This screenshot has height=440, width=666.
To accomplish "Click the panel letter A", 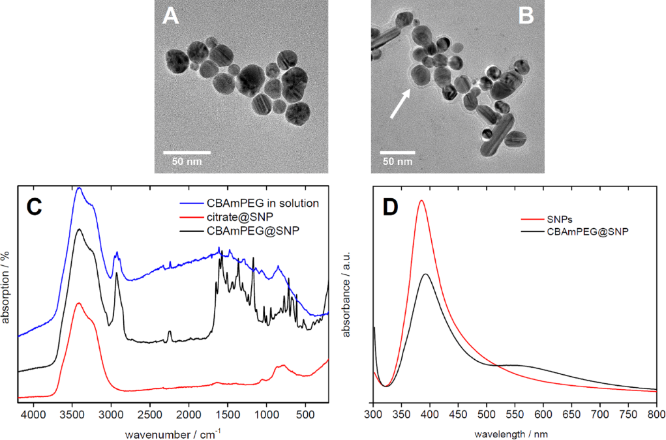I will [171, 16].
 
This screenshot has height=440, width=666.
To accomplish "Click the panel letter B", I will [526, 16].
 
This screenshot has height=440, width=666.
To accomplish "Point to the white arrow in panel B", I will [401, 104].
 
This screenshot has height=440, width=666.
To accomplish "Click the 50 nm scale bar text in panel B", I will [397, 160].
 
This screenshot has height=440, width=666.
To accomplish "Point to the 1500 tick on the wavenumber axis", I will [228, 415].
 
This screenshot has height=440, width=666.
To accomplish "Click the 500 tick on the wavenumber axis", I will [305, 415].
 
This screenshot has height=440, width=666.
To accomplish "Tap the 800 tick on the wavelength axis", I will [656, 415].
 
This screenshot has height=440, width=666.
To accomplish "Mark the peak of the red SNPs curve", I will [421, 201].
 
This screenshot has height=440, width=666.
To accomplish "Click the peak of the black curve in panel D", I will [426, 274].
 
